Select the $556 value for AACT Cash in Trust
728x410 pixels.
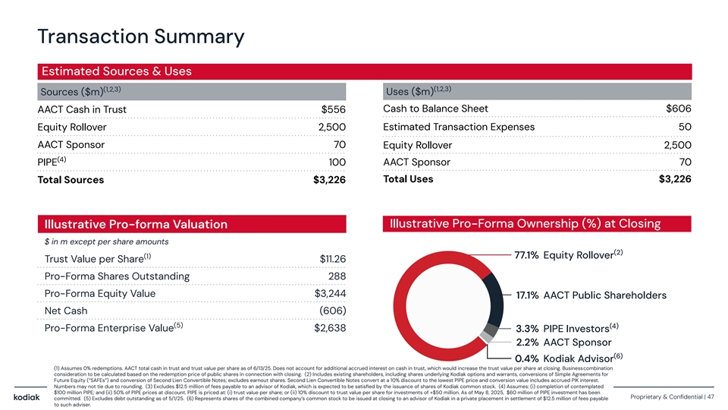point(334,110)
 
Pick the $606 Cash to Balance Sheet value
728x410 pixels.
point(678,109)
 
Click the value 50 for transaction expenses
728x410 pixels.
point(684,127)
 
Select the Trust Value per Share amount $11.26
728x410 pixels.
point(334,259)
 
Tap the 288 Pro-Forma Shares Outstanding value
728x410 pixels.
point(337,276)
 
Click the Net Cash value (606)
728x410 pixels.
point(331,311)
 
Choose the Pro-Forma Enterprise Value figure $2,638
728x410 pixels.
point(330,328)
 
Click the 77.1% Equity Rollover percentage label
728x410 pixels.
point(526,254)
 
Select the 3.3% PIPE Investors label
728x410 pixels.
point(526,329)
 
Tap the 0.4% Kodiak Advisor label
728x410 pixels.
point(526,358)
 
